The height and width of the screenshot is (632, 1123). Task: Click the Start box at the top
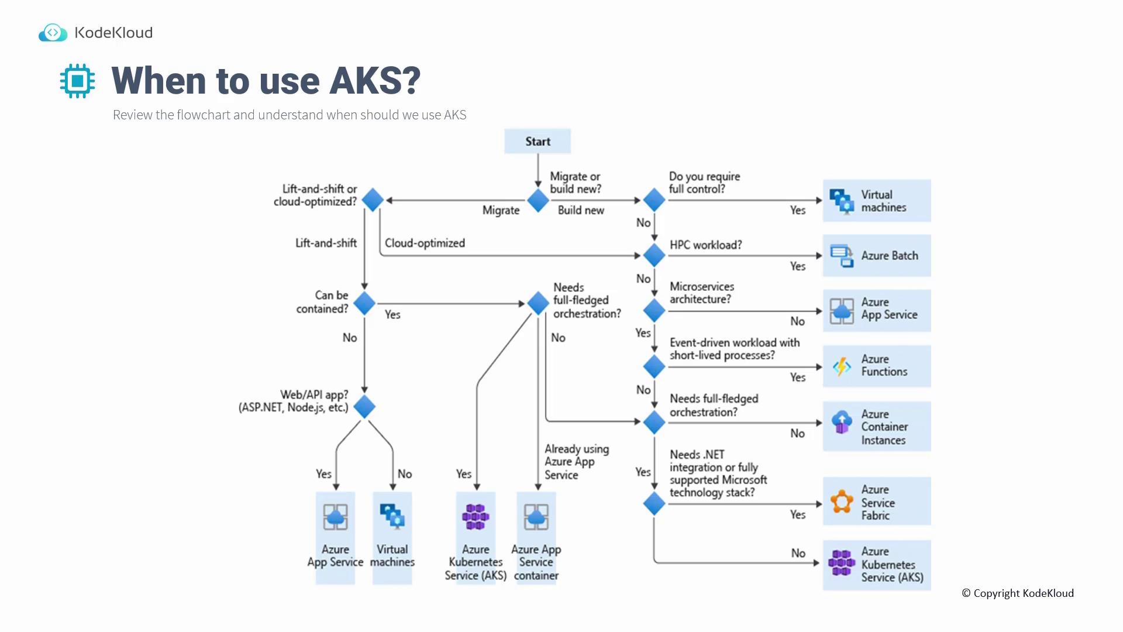pyautogui.click(x=538, y=142)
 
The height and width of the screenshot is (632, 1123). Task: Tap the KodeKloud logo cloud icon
pyautogui.click(x=53, y=33)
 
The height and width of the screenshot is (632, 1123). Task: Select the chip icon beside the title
pyautogui.click(x=77, y=81)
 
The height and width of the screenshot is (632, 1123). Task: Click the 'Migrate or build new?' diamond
pyautogui.click(x=538, y=201)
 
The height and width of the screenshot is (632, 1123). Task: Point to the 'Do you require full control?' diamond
pyautogui.click(x=654, y=200)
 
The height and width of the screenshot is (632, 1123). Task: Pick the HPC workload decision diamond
pyautogui.click(x=654, y=255)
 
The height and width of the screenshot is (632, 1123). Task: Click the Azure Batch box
pyautogui.click(x=876, y=256)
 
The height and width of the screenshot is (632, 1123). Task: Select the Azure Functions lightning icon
pyautogui.click(x=842, y=366)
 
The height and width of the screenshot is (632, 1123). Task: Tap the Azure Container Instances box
pyautogui.click(x=876, y=427)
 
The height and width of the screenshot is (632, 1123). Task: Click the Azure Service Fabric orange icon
pyautogui.click(x=842, y=502)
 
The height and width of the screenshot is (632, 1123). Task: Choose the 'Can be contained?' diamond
pyautogui.click(x=364, y=303)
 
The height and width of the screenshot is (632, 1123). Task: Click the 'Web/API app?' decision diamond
pyautogui.click(x=364, y=407)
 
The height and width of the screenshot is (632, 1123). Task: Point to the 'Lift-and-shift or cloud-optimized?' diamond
pyautogui.click(x=373, y=200)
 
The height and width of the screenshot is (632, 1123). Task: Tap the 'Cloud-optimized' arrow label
pyautogui.click(x=425, y=243)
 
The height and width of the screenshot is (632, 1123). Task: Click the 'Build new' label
pyautogui.click(x=581, y=210)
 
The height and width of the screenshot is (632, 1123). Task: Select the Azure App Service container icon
pyautogui.click(x=536, y=517)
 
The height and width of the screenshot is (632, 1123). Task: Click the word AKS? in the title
pyautogui.click(x=375, y=81)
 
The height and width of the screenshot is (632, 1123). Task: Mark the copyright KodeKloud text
pyautogui.click(x=1018, y=593)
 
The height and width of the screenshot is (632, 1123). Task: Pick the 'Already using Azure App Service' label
pyautogui.click(x=576, y=462)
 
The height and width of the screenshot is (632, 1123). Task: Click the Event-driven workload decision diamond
pyautogui.click(x=654, y=367)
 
